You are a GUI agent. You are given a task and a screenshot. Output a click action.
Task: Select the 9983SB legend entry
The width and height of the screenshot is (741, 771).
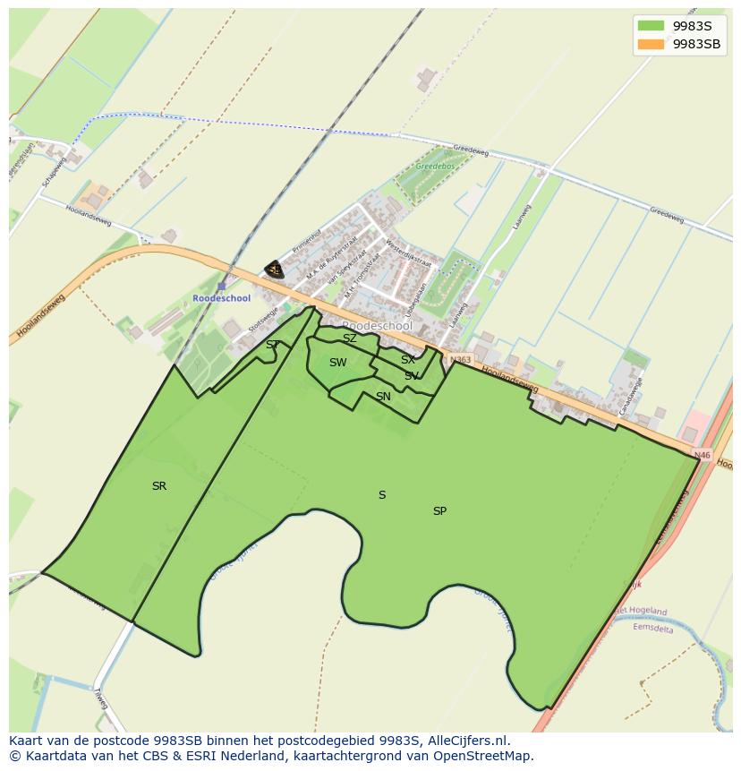click(679, 44)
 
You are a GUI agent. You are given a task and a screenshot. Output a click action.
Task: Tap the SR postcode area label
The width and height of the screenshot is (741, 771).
click(159, 486)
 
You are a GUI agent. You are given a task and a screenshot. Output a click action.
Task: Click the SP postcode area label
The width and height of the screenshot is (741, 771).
click(439, 511)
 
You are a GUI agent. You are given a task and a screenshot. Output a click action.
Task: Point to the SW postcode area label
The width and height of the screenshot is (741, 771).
click(337, 363)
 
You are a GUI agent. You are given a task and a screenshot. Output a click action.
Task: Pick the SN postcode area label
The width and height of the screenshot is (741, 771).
click(383, 397)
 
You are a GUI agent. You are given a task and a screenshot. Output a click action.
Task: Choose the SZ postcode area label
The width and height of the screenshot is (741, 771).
click(350, 338)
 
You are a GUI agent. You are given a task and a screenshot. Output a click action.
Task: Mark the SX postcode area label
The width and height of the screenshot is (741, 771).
click(407, 360)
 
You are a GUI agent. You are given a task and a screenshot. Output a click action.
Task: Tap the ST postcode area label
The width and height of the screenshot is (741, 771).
click(272, 345)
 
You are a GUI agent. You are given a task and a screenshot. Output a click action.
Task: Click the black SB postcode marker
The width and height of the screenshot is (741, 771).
click(275, 270)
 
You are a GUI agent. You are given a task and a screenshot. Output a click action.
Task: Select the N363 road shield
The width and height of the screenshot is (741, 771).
click(460, 359)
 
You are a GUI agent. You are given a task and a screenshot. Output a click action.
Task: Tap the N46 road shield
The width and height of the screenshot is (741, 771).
click(702, 456)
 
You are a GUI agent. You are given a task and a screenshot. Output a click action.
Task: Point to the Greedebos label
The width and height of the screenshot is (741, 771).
click(435, 167)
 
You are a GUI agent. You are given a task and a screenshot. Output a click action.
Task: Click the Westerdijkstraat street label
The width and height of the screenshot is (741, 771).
click(408, 253)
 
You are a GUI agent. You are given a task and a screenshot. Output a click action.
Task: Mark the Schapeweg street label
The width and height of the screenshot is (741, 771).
click(54, 173)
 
